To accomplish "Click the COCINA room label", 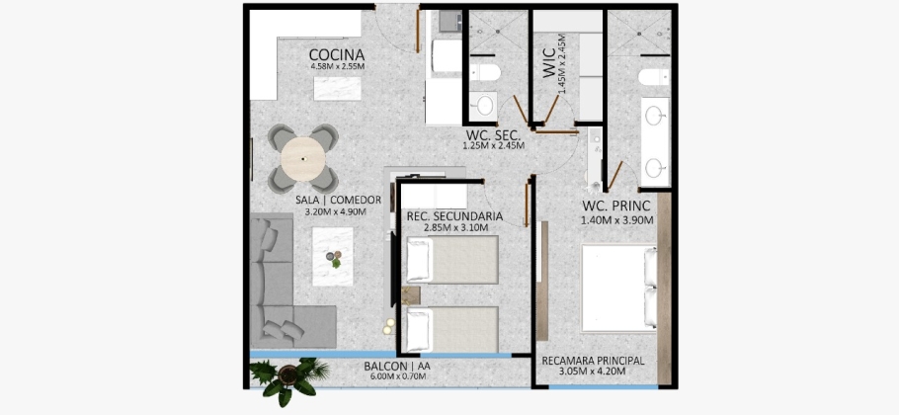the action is [x=337, y=55].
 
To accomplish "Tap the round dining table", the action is [x=304, y=159].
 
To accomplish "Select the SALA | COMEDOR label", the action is [x=338, y=200].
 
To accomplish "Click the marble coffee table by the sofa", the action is [x=333, y=256].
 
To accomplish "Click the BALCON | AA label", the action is [x=395, y=367].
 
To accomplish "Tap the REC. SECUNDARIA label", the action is [x=454, y=216].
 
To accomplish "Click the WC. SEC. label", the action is [x=493, y=135].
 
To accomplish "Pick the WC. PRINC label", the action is [x=616, y=207].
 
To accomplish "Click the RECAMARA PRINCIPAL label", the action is [x=593, y=361].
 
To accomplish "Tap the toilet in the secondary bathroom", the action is [x=485, y=72].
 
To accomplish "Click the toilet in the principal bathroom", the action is [x=654, y=77].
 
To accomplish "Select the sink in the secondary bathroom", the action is [x=484, y=105].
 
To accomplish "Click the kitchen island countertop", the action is [x=337, y=88].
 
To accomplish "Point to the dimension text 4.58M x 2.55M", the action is [x=338, y=66].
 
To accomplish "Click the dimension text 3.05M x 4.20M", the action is [x=592, y=372].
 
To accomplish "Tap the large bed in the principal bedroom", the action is [x=619, y=288].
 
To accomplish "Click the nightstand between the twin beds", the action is [x=411, y=295].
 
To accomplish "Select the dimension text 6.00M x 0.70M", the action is [x=396, y=376].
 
